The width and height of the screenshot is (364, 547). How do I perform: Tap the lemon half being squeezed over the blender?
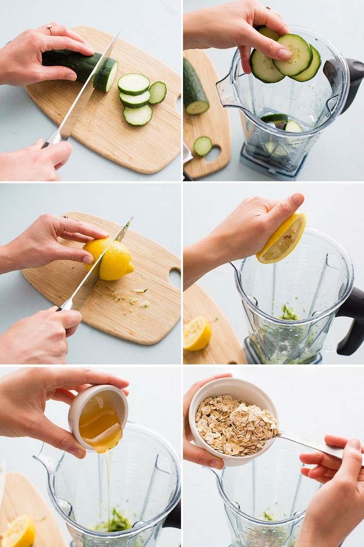pos(282,239)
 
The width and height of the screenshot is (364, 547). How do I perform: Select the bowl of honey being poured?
pos(98,418)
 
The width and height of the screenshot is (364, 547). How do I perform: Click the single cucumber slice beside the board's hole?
pos(203,146)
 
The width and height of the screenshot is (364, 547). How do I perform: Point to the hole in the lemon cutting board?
pos(175,278)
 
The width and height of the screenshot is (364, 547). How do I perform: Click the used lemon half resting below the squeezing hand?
pos(197,333)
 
